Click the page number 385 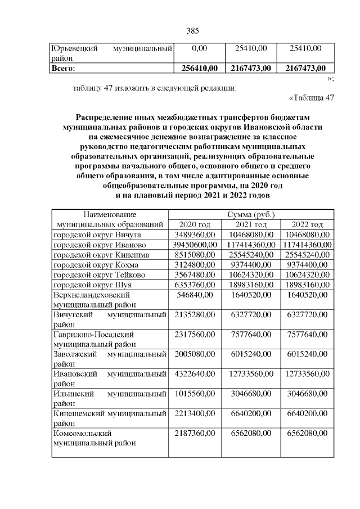(x=193, y=30)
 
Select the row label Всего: (x=64, y=69)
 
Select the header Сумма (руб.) (x=251, y=215)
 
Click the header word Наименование (x=110, y=215)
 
